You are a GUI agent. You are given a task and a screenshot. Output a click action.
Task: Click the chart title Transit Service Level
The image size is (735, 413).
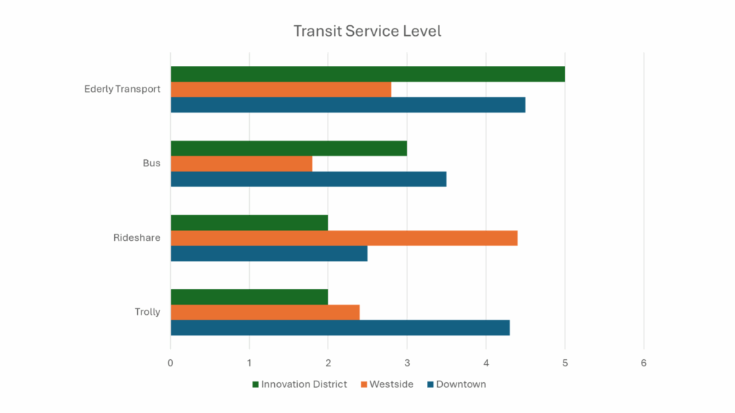click(367, 32)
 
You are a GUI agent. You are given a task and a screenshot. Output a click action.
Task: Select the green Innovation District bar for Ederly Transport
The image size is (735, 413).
click(367, 74)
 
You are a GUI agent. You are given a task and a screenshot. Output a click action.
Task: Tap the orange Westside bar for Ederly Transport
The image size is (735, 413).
click(281, 90)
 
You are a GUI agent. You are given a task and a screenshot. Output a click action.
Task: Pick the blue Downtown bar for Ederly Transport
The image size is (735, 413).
click(347, 105)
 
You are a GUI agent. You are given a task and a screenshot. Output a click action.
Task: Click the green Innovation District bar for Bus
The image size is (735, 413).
click(289, 148)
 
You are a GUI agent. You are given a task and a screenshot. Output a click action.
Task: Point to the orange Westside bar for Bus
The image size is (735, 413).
click(241, 163)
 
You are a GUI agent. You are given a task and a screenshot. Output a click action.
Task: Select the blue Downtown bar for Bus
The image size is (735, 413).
click(308, 179)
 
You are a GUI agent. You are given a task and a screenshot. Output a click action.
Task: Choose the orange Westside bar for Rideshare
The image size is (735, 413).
click(344, 238)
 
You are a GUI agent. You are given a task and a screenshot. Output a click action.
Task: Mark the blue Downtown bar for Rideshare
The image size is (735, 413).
click(268, 253)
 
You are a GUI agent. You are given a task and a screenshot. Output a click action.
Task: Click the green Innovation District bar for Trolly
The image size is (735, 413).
click(249, 297)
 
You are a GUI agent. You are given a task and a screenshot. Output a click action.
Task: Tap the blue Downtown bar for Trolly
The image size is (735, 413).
click(340, 328)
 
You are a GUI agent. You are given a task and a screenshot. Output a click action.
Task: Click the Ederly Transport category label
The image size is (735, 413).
click(122, 90)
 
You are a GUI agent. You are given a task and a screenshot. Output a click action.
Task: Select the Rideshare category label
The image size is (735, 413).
click(136, 238)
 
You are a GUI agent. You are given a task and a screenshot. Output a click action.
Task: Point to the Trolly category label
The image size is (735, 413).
click(147, 312)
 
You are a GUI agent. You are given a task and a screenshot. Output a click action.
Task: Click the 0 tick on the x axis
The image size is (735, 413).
click(170, 363)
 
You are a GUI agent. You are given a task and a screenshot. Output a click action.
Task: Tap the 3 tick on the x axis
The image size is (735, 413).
click(407, 363)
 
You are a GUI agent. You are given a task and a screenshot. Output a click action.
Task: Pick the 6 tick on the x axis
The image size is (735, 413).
click(644, 363)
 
